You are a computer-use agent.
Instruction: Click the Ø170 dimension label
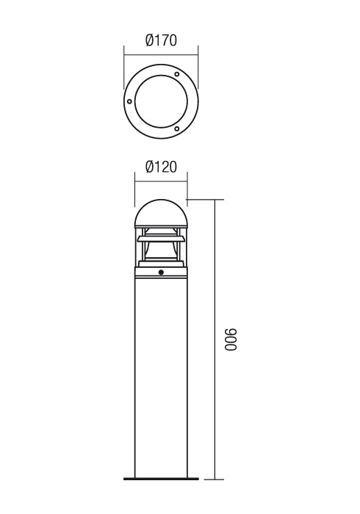[x=161, y=41]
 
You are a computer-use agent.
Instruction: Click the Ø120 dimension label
[x=161, y=167]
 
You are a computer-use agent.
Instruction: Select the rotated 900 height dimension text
[x=231, y=340]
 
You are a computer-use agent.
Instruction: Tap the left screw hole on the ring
[x=129, y=101]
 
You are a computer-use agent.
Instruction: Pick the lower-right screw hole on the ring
[x=176, y=128]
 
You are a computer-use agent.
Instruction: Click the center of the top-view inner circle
[x=161, y=101]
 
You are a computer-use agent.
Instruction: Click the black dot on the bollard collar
[x=161, y=275]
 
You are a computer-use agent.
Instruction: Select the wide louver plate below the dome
[x=161, y=237]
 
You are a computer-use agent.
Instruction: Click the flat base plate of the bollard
[x=161, y=481]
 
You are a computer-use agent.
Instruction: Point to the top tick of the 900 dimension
[x=215, y=199]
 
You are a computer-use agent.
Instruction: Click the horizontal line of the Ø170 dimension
[x=161, y=52]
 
